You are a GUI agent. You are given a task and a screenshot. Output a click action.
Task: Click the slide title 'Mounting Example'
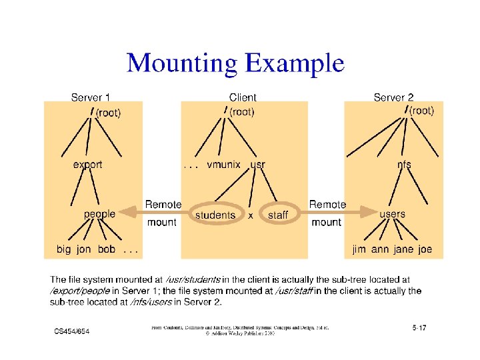pos(235,64)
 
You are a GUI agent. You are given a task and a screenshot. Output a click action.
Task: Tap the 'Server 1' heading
pos(91,97)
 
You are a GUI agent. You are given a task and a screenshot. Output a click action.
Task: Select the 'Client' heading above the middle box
pos(242,97)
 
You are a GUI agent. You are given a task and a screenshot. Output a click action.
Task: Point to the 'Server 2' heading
pos(393,97)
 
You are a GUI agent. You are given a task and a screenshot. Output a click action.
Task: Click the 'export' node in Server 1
pos(87,165)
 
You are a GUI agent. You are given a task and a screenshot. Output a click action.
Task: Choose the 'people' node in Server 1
pos(99,214)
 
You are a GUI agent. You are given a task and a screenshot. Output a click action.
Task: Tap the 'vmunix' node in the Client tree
pos(223,165)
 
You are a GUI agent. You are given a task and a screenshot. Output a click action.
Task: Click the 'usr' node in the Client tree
pos(257,165)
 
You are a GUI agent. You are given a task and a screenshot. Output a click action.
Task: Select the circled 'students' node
pos(215,215)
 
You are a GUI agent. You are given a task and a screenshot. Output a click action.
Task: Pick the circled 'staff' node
pos(277,215)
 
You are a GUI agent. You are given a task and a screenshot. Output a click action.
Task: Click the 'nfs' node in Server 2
pos(404,165)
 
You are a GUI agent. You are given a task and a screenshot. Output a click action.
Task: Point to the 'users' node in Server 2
pos(392,214)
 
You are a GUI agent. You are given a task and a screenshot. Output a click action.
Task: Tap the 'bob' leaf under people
pos(106,249)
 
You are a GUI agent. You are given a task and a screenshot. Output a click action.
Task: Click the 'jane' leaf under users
pos(403,249)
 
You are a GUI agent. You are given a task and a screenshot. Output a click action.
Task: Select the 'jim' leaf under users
pos(360,249)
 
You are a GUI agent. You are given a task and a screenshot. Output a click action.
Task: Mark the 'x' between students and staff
pos(250,215)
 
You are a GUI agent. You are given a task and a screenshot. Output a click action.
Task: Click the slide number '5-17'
pos(419,327)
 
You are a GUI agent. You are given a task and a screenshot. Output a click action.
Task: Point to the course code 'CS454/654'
pos(72,331)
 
